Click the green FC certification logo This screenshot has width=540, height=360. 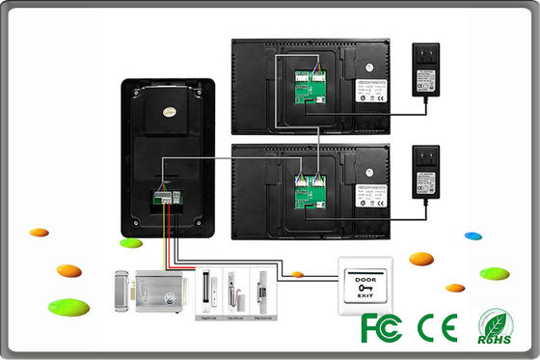tap(380, 327)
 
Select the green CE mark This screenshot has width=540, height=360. tap(435, 327)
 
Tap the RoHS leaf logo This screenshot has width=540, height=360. tap(497, 326)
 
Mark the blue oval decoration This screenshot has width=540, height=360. tap(472, 235)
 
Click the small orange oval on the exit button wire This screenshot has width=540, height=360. tap(298, 275)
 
